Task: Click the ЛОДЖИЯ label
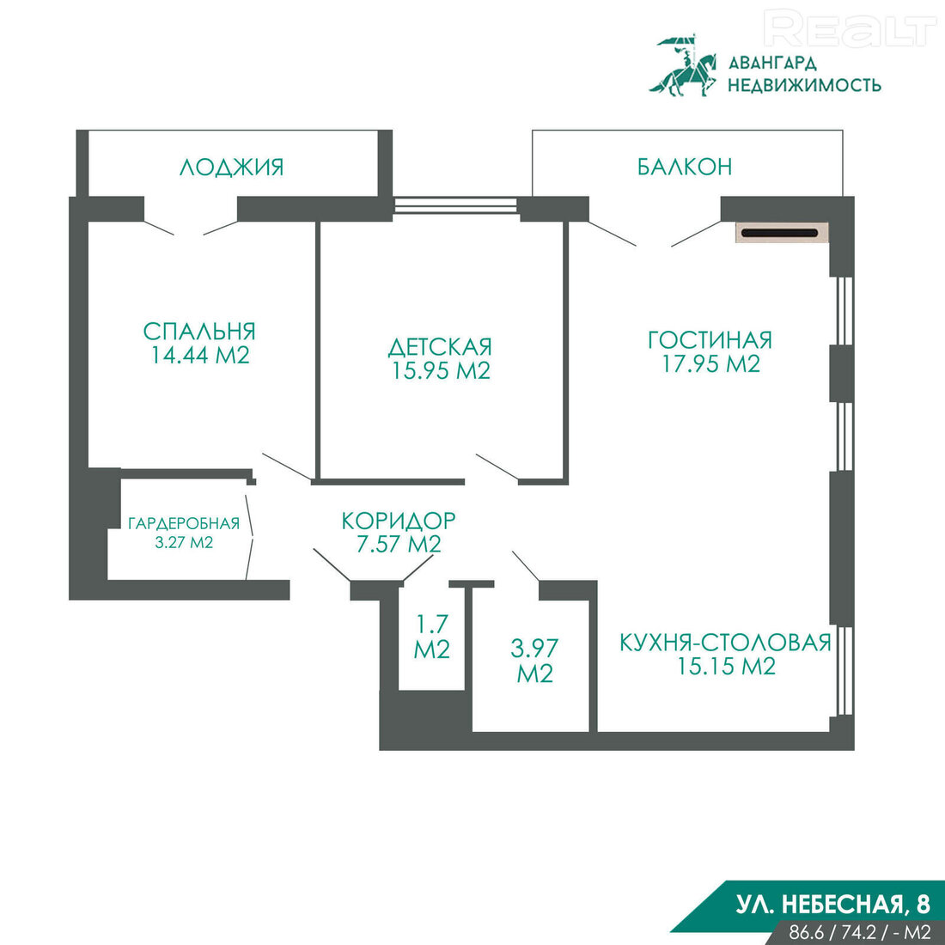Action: [231, 167]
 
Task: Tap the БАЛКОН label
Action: [685, 167]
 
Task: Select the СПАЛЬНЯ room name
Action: [199, 331]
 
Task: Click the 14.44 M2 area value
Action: [200, 355]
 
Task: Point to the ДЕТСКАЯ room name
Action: [440, 346]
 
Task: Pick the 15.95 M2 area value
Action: [442, 370]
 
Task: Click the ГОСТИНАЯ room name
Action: [710, 340]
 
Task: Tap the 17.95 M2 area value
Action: [711, 363]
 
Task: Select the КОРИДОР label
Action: [399, 520]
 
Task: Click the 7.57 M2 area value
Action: [399, 544]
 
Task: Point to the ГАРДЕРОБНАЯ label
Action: [184, 524]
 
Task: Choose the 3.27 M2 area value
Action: [184, 542]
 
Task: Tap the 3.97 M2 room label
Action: [534, 661]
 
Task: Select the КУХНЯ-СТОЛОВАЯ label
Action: [726, 643]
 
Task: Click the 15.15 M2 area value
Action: [726, 667]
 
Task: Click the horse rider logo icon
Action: [683, 65]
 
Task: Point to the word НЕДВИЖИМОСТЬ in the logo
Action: [805, 85]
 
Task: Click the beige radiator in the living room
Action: [781, 233]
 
